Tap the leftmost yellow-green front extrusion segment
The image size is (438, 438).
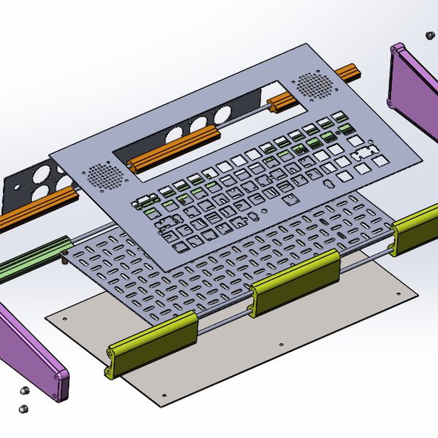click(x=153, y=343)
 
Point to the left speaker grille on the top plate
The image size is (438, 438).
click(x=104, y=174)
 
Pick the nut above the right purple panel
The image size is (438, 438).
click(x=429, y=34)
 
